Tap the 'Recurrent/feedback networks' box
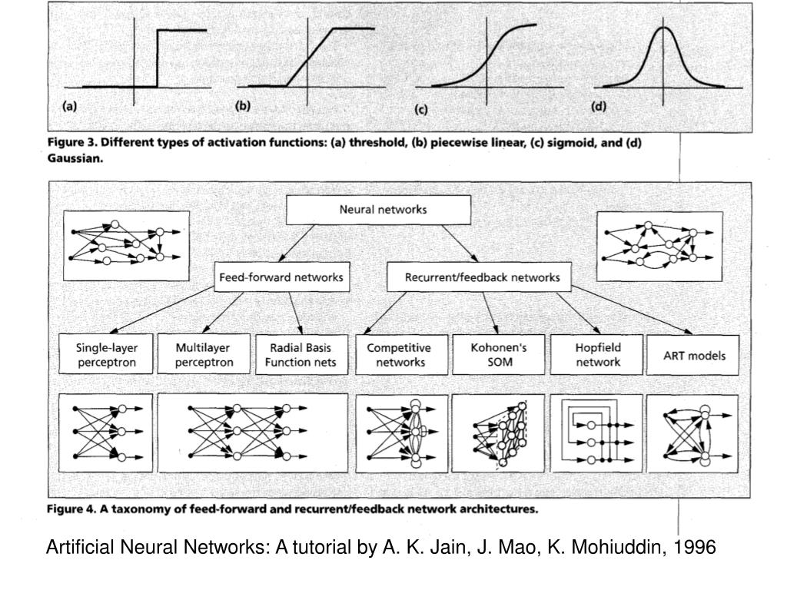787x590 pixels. tap(478, 277)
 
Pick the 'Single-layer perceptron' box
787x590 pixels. tap(106, 354)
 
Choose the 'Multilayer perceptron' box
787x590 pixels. tap(204, 354)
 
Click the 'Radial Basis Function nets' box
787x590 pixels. tap(296, 354)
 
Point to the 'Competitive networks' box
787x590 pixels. tap(399, 354)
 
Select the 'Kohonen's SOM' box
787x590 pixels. tap(499, 354)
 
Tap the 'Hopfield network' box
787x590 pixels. tap(598, 354)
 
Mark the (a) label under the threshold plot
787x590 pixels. tap(69, 108)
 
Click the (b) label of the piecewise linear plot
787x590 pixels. tap(243, 107)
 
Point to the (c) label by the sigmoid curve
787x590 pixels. tap(421, 110)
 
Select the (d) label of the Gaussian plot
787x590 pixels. tap(598, 107)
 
